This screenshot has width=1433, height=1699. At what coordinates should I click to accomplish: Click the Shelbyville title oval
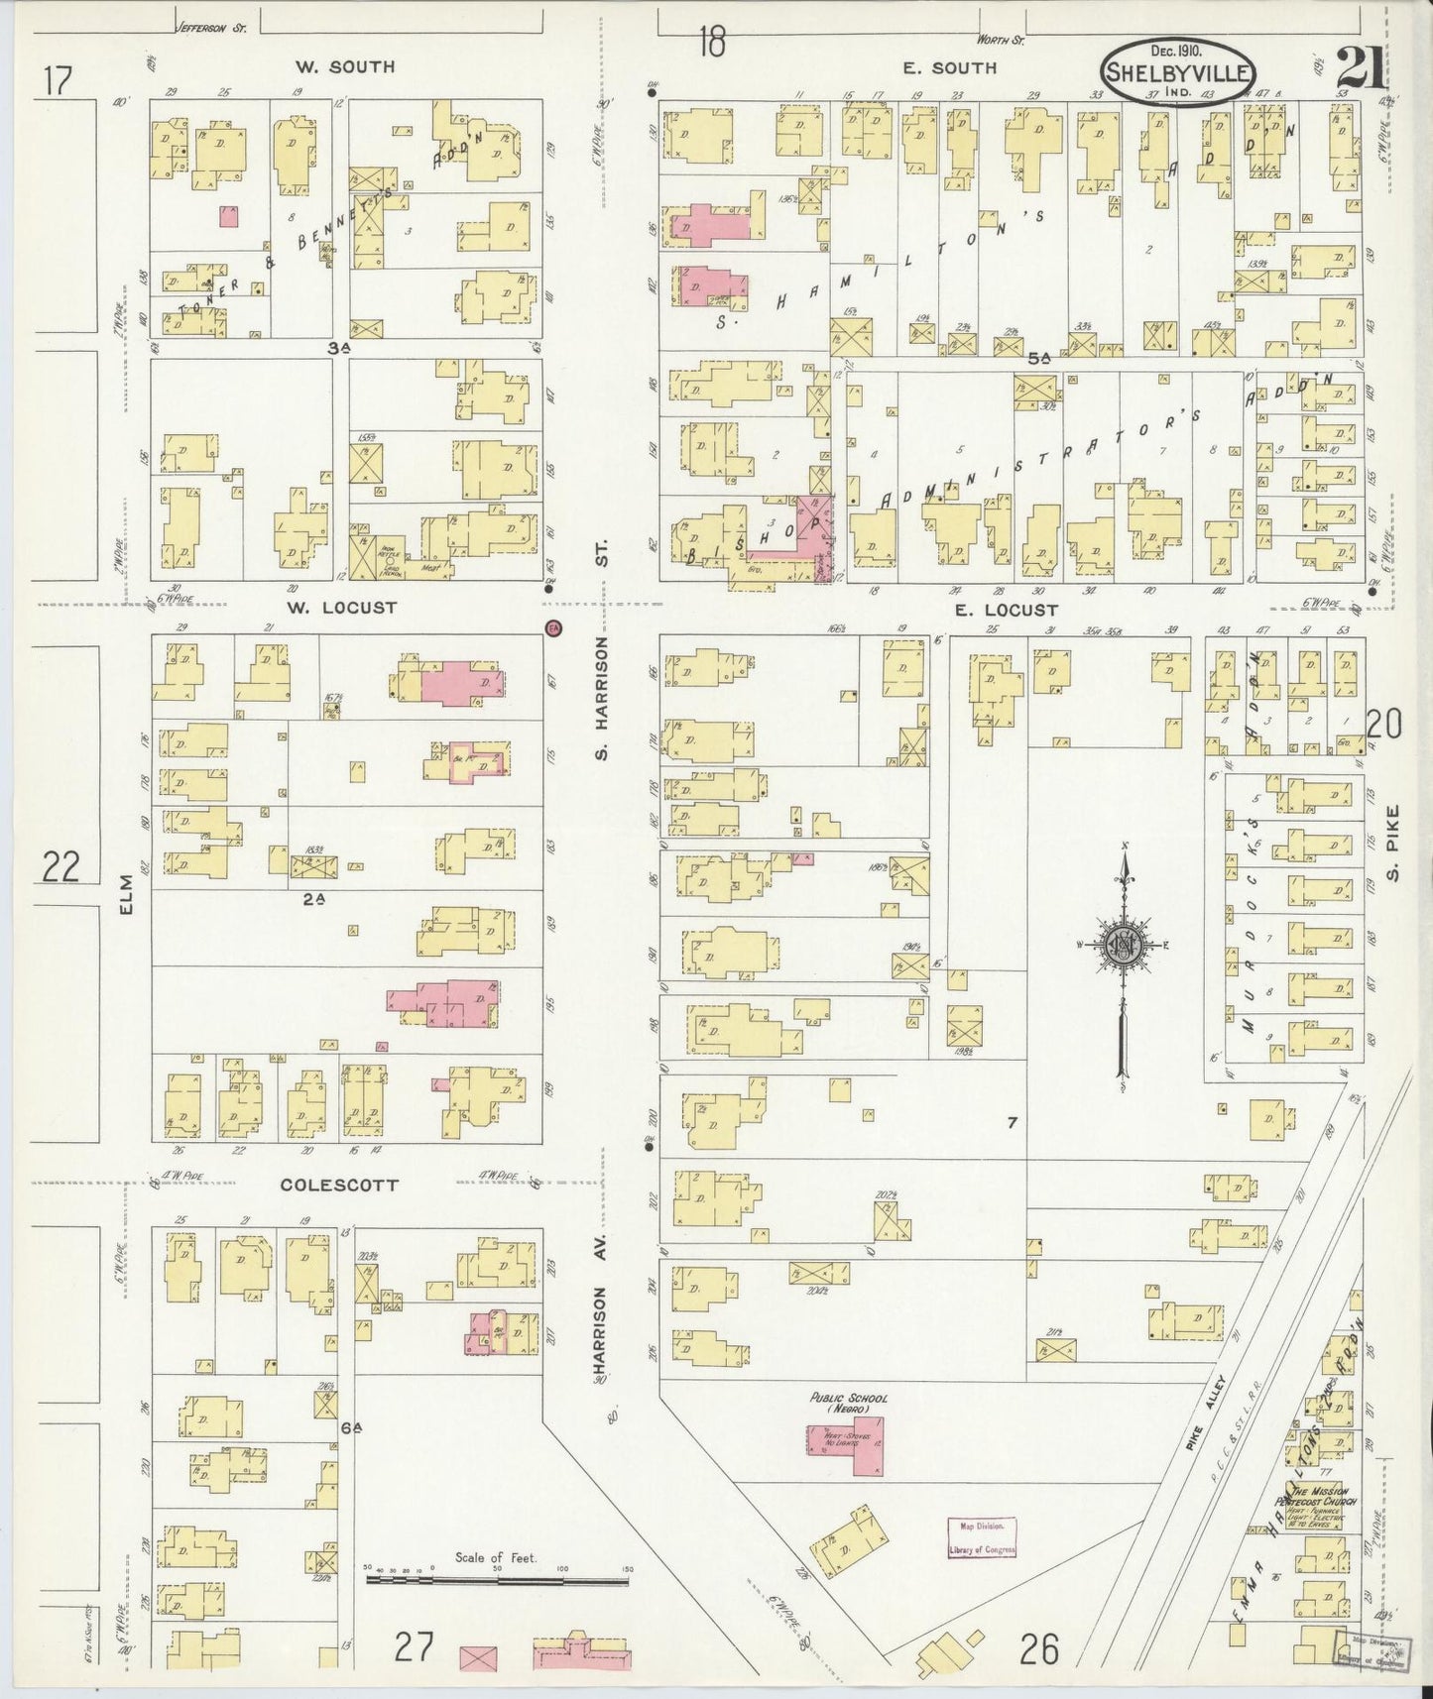(1178, 71)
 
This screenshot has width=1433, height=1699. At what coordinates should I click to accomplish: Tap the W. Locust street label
(343, 608)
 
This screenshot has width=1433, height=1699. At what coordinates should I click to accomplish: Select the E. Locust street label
(1006, 611)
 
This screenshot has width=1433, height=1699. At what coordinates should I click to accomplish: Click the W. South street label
(344, 66)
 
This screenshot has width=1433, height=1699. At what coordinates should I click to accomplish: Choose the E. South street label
(949, 67)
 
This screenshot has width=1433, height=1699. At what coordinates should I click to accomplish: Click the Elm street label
(125, 896)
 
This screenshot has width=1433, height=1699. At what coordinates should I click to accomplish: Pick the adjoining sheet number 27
(415, 1648)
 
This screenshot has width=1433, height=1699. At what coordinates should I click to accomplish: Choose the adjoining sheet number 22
(61, 867)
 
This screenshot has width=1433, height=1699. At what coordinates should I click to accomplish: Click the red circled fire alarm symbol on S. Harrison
(554, 627)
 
